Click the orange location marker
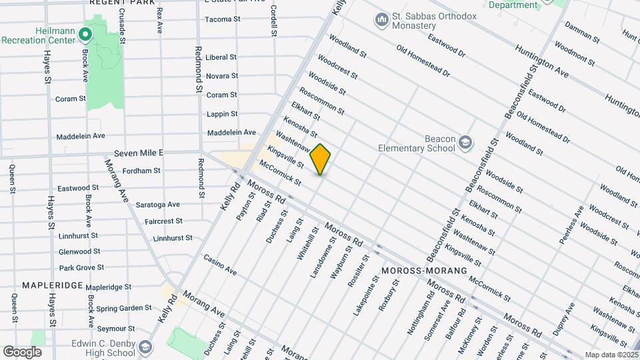pyautogui.click(x=321, y=159)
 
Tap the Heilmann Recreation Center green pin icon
pyautogui.click(x=85, y=34)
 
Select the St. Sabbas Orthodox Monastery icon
pyautogui.click(x=382, y=20)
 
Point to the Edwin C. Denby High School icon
pyautogui.click(x=145, y=347)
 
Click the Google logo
pyautogui.click(x=23, y=351)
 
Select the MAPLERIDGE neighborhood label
pyautogui.click(x=52, y=285)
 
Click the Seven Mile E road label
pyautogui.click(x=139, y=153)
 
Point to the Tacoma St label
pyautogui.click(x=223, y=19)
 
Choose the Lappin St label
pyautogui.click(x=222, y=114)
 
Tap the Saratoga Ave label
pyautogui.click(x=157, y=205)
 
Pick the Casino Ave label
pyautogui.click(x=220, y=265)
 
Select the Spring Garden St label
pyautogui.click(x=124, y=308)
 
